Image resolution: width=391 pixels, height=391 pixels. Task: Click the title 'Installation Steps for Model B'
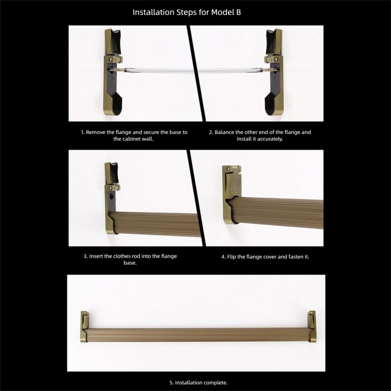coord(187,12)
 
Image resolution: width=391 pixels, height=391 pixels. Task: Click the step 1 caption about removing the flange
coord(134,135)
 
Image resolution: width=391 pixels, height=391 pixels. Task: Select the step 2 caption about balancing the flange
coord(260,135)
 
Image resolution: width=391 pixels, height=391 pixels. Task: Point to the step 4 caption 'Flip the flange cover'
coord(265,257)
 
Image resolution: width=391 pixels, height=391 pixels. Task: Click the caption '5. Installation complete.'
coord(198,382)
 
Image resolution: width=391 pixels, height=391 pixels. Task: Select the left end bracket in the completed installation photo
coord(84,326)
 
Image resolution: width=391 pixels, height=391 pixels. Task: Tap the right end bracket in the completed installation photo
coord(311,326)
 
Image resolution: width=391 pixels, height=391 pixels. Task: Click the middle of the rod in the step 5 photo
coord(198,335)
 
